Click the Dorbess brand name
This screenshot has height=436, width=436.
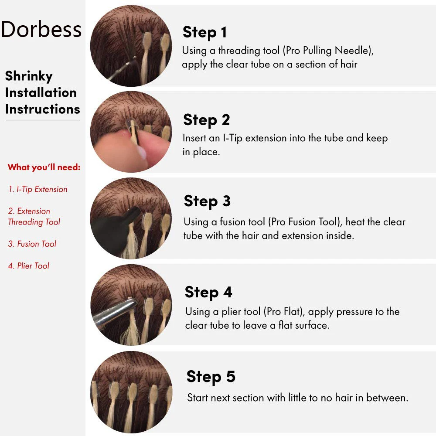click(41, 29)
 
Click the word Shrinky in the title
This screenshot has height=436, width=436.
click(29, 76)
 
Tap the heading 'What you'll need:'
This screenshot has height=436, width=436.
click(44, 167)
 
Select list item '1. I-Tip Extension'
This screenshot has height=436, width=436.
click(38, 189)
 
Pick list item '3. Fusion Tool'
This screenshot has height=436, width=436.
click(32, 244)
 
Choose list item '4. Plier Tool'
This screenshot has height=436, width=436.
click(29, 266)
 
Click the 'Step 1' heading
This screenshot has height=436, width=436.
click(204, 32)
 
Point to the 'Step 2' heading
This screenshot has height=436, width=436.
click(207, 120)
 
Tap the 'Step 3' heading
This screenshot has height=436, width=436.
click(207, 201)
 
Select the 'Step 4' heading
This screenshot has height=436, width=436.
click(208, 292)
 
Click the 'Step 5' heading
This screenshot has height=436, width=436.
click(211, 377)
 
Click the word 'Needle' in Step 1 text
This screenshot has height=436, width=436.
click(354, 51)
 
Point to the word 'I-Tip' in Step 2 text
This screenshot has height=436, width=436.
click(233, 139)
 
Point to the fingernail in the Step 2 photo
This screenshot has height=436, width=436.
click(142, 153)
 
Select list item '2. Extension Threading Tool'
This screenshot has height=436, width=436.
click(34, 217)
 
